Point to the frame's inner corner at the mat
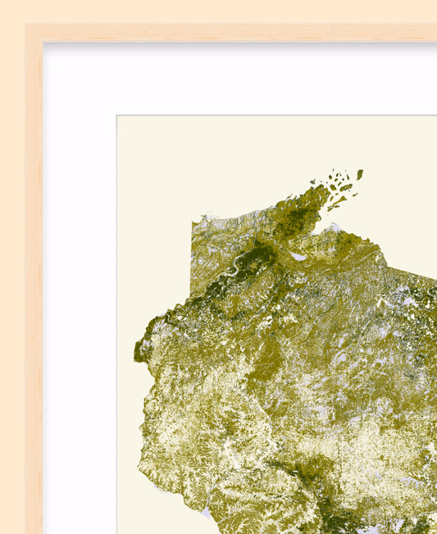pyautogui.click(x=43, y=43)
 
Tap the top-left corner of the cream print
pyautogui.click(x=117, y=116)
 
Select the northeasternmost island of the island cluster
pyautogui.click(x=359, y=174)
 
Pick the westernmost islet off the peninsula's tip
pyautogui.click(x=313, y=181)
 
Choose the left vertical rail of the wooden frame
pyautogui.click(x=34, y=287)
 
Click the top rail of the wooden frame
pyautogui.click(x=246, y=33)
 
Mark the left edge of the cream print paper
pyautogui.click(x=118, y=328)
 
